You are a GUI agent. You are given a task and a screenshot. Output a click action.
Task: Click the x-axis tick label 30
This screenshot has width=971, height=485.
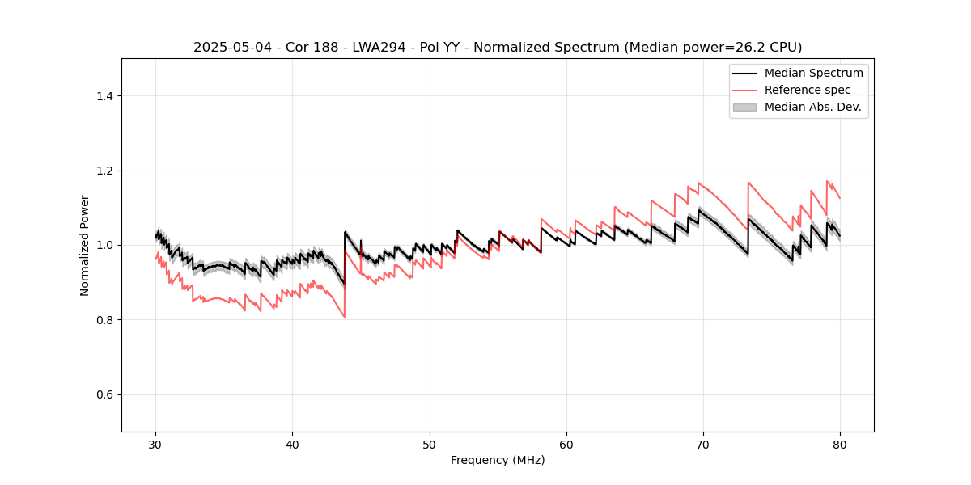(x=156, y=445)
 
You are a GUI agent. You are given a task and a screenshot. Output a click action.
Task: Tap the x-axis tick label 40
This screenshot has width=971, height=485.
(x=293, y=445)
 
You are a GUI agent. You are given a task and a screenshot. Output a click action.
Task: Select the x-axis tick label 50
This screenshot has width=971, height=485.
(x=430, y=445)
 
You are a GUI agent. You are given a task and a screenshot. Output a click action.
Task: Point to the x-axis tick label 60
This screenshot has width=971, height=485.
(x=566, y=445)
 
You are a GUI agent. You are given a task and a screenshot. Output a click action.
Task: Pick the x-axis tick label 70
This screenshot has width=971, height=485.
(x=703, y=445)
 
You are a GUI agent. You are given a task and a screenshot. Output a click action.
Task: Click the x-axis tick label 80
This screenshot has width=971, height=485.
(x=840, y=445)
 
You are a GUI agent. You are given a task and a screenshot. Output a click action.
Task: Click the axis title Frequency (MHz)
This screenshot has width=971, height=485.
(x=498, y=460)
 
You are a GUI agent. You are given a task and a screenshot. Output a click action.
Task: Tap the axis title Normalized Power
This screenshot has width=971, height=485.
(x=85, y=245)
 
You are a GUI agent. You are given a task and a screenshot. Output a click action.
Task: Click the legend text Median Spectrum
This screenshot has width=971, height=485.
(x=813, y=73)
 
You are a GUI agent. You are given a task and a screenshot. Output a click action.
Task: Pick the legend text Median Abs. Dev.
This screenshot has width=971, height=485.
(x=812, y=107)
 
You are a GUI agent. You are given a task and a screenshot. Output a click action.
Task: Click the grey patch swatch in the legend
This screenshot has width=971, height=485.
(x=744, y=107)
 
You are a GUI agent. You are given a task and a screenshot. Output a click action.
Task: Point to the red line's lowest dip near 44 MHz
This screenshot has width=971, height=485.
(x=345, y=316)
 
